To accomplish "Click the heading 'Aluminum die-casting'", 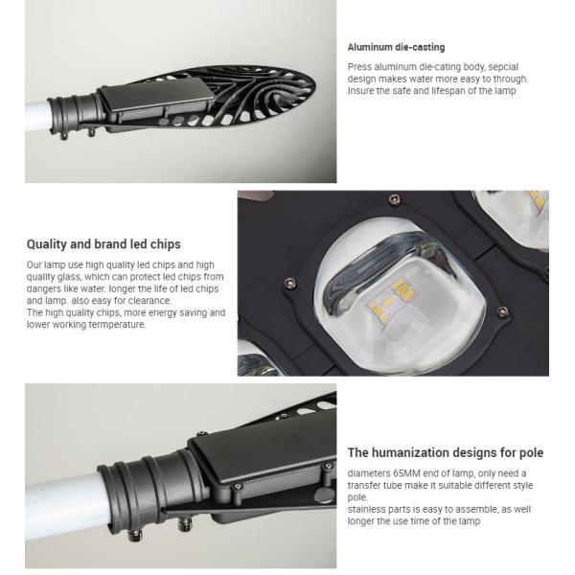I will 396,47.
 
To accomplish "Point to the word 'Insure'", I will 360,91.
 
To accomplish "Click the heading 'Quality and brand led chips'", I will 103,244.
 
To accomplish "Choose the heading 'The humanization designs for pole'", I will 446,452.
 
